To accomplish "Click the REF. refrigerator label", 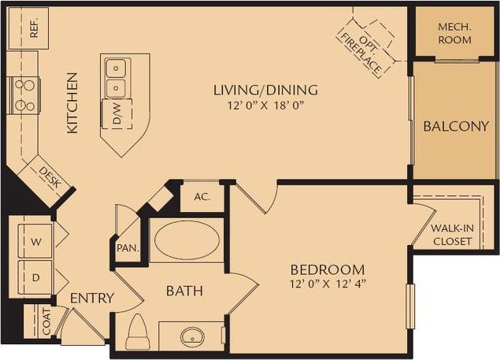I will [x=35, y=28].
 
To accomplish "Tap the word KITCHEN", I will [x=72, y=103].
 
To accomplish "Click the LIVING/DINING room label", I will [x=265, y=89].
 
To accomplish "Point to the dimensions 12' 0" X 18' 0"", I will [x=265, y=104].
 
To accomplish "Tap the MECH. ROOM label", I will [x=454, y=32].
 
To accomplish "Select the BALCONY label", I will [x=456, y=126].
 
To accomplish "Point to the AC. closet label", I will [x=202, y=197].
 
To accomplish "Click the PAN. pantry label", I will [x=128, y=247].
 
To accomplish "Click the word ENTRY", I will [x=92, y=299].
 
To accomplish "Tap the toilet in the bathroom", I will [x=139, y=332].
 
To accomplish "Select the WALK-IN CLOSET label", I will [x=453, y=235].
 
